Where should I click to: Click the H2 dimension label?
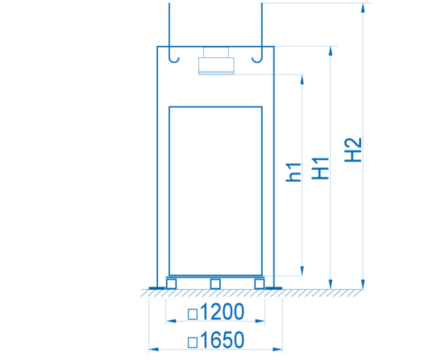(x=353, y=150)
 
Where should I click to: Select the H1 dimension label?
(x=320, y=168)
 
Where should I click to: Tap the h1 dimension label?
(x=293, y=172)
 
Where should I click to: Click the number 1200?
(x=222, y=312)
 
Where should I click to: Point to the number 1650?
(x=222, y=340)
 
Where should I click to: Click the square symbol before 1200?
(x=193, y=314)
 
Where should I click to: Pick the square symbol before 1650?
(x=193, y=342)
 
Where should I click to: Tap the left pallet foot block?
(x=171, y=284)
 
